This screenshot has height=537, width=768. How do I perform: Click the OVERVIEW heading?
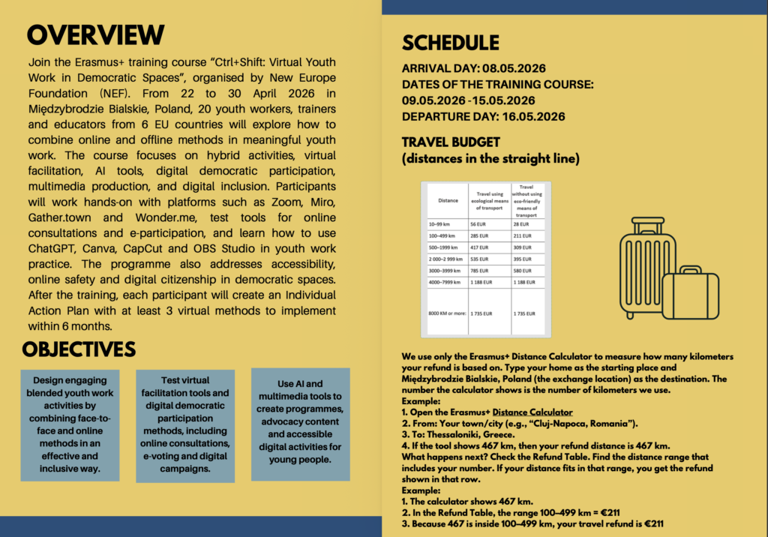95,34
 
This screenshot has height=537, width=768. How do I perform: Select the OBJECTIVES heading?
79,349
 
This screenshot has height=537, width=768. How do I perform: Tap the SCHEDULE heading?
450,42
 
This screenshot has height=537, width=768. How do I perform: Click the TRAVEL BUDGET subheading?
450,142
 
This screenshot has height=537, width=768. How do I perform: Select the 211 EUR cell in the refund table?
522,235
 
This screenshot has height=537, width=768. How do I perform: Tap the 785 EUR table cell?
481,272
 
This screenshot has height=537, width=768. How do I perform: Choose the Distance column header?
448,200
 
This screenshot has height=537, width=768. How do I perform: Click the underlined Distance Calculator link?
532,412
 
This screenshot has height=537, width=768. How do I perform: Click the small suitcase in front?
690,295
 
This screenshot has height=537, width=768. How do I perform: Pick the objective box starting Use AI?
300,424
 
